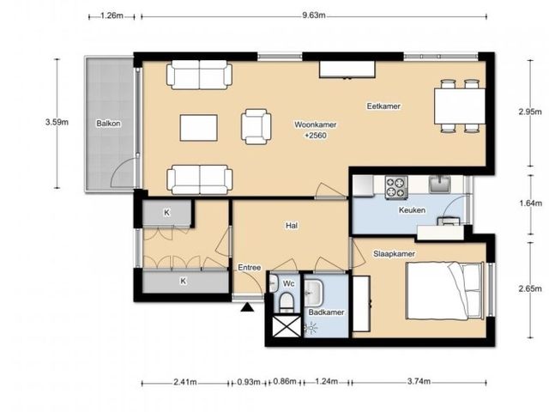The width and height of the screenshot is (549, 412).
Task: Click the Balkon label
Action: (109, 124)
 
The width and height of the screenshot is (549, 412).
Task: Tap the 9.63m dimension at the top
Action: (314, 15)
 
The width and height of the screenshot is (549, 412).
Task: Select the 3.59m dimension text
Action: (57, 122)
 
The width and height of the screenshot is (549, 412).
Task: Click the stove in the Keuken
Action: (396, 187)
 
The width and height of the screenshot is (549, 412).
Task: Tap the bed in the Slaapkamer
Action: (445, 290)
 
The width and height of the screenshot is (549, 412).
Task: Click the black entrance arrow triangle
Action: (248, 307)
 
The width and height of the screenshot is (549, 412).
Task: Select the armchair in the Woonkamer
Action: (256, 126)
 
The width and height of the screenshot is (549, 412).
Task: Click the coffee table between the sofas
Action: (198, 128)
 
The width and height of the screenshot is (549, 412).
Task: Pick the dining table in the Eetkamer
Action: (460, 106)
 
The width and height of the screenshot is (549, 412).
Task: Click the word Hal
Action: (292, 226)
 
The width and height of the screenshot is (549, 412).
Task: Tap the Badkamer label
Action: (326, 312)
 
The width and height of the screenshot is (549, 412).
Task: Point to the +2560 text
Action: (316, 136)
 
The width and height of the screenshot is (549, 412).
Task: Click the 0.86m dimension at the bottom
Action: (285, 381)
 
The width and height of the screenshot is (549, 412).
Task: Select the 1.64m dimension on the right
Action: (530, 203)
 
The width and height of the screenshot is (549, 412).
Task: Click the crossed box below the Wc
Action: (287, 326)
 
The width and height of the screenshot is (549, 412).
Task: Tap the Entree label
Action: (250, 267)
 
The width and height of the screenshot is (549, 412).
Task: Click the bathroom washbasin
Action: (312, 292)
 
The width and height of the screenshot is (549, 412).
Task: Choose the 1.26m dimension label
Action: (112, 15)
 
